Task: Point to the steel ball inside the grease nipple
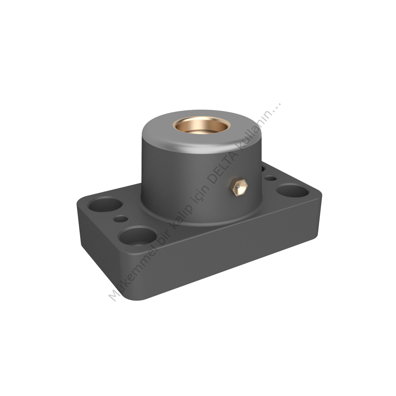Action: [238, 187]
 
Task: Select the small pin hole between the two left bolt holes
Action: [121, 218]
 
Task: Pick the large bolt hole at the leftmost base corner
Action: [105, 203]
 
